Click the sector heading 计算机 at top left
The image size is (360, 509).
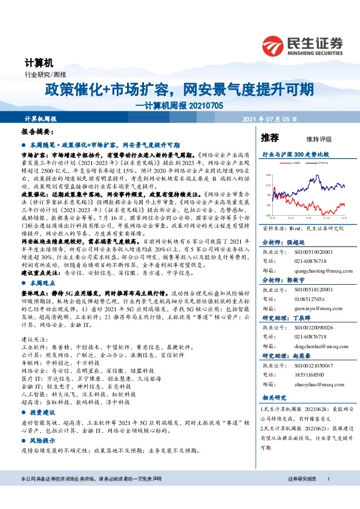(x=39, y=62)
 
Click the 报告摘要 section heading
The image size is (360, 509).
(x=38, y=131)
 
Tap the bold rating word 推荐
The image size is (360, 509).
(x=270, y=137)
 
